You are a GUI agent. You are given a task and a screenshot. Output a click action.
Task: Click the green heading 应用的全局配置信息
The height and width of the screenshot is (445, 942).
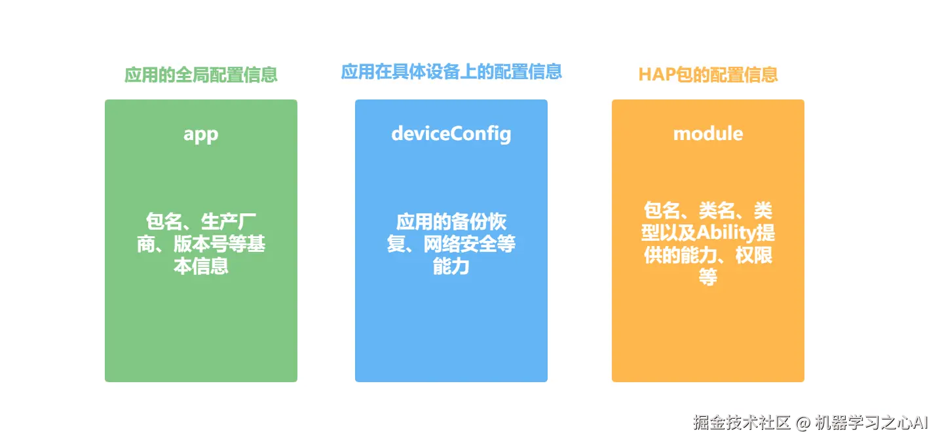pos(201,75)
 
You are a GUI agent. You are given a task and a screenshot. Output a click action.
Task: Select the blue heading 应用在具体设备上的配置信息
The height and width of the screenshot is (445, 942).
pos(451,71)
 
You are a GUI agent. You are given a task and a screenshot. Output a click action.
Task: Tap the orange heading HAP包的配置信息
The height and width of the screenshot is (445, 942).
pos(708,74)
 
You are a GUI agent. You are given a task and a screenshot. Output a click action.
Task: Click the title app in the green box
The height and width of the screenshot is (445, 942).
pos(200,133)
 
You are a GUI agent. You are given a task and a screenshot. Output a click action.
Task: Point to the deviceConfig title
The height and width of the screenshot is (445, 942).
pos(451,133)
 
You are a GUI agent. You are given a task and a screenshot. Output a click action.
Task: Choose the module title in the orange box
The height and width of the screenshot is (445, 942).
pos(708,133)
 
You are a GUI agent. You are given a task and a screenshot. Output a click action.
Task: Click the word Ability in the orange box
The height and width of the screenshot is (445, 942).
pos(725,233)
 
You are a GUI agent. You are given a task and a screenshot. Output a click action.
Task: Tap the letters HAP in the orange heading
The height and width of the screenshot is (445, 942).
pos(657,75)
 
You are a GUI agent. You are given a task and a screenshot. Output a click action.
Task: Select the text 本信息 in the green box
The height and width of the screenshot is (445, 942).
pos(201,266)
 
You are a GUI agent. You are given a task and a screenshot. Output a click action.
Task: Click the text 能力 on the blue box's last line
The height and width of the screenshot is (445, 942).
pos(451,266)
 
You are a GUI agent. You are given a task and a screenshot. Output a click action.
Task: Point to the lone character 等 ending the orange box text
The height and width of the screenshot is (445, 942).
pos(708,277)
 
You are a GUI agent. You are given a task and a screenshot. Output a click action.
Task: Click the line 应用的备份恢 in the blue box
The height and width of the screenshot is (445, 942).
pos(451,222)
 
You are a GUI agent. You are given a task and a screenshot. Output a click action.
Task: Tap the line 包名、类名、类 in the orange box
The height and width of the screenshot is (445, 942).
pos(708,211)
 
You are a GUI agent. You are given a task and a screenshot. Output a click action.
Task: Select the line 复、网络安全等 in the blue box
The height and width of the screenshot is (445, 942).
pos(451,244)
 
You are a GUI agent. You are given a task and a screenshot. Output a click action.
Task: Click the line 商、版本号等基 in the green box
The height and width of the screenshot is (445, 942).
pos(201,244)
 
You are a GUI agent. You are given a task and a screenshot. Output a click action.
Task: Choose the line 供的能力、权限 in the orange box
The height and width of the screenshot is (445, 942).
pos(708,255)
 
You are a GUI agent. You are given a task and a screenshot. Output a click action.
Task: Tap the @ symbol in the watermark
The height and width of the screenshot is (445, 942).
pos(803,423)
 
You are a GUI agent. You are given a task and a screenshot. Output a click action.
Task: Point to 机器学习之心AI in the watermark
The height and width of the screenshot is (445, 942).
pos(870,422)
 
